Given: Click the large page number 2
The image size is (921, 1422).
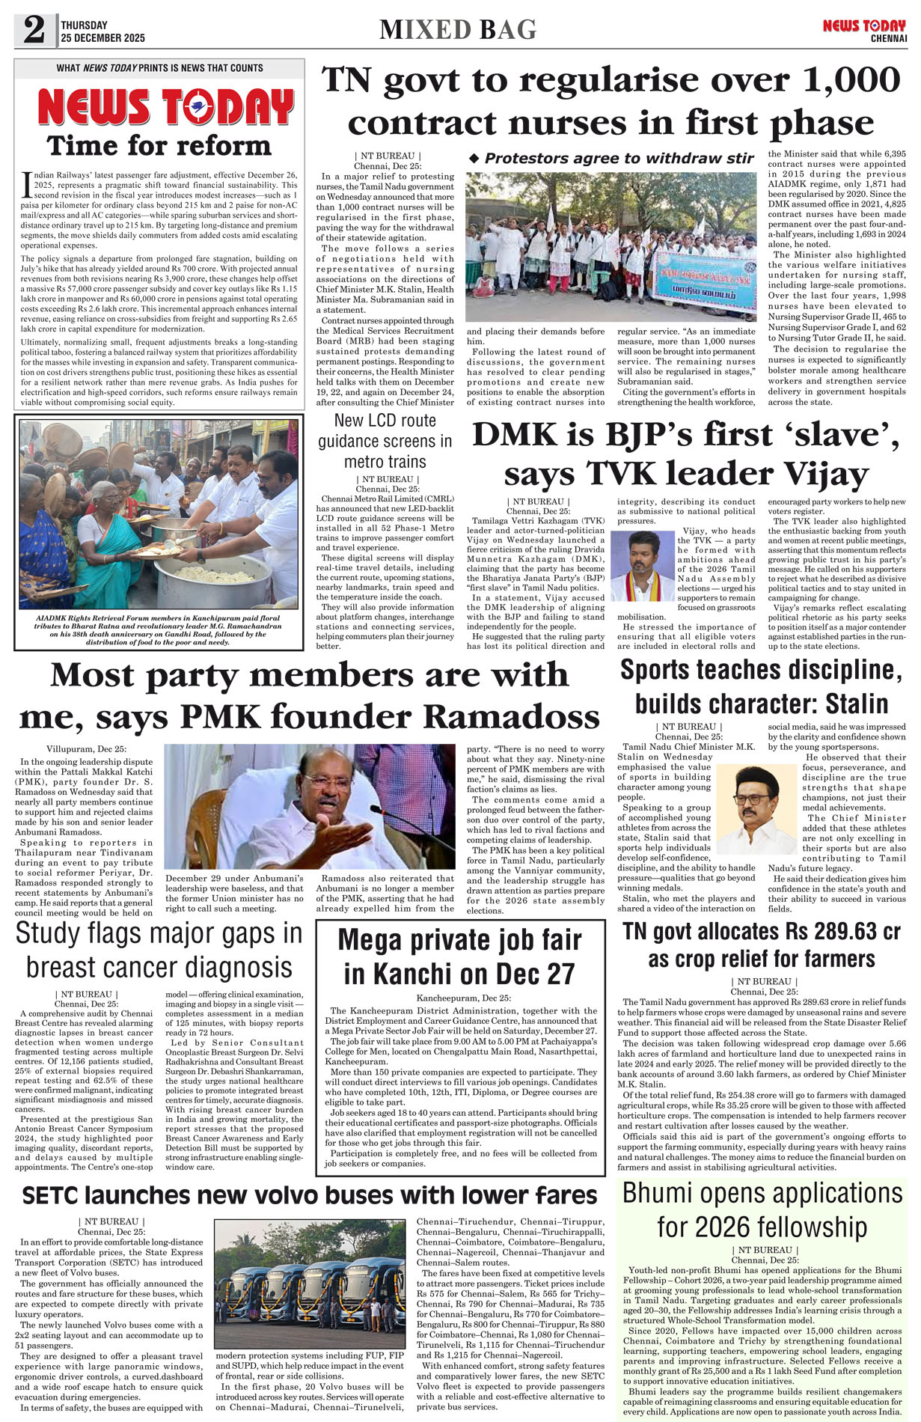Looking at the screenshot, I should point(34,30).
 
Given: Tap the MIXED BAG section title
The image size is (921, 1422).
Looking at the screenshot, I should point(458,30).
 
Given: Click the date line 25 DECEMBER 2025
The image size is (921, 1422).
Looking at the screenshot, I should point(103,38).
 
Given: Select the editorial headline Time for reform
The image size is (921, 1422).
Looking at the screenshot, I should point(159,145).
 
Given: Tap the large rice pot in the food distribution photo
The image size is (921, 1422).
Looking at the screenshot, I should point(212,577).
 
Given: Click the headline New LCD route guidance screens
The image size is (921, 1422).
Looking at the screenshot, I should point(385,441).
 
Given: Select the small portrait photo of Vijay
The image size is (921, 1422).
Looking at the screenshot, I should point(643,566).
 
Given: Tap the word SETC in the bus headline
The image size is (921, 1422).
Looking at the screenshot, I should point(49,1194).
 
